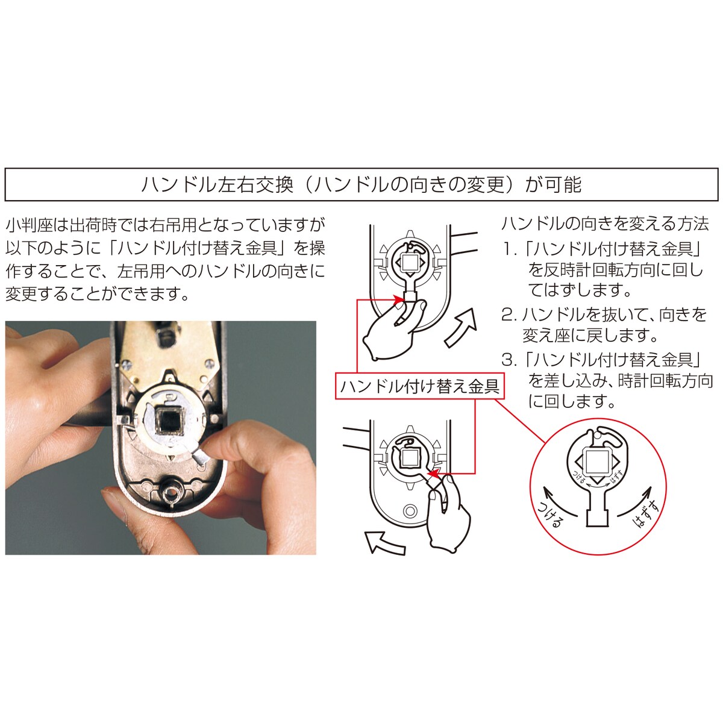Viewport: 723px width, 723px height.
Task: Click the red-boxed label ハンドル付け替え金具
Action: pyautogui.click(x=419, y=386)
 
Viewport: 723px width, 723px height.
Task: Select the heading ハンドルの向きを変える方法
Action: pyautogui.click(x=605, y=224)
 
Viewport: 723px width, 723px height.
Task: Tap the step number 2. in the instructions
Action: pyautogui.click(x=510, y=315)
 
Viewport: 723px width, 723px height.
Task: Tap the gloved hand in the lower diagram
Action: pyautogui.click(x=446, y=518)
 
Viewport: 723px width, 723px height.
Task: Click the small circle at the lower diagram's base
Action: pyautogui.click(x=409, y=512)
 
